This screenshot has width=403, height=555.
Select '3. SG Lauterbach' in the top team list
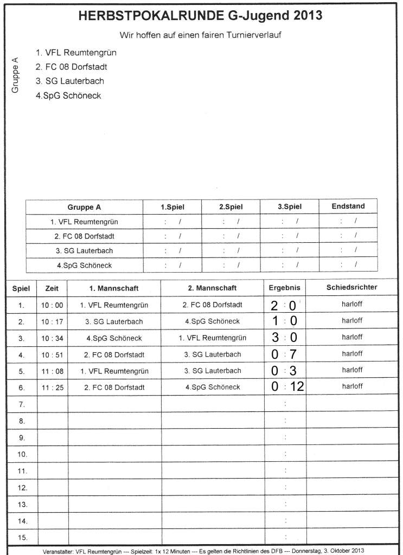[69, 81]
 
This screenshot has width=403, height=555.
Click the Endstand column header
[348, 206]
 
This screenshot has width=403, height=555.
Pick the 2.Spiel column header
[231, 206]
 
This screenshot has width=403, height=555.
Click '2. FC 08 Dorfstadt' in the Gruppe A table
[84, 236]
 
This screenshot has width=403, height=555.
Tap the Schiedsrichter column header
[351, 287]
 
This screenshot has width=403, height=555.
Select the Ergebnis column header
[284, 288]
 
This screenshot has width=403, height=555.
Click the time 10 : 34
[52, 338]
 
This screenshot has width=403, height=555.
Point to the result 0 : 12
[287, 387]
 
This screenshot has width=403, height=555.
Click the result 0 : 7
[284, 354]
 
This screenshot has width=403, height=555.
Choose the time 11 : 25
[52, 388]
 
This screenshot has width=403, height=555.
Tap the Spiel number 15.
[22, 538]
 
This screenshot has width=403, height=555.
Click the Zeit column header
[52, 288]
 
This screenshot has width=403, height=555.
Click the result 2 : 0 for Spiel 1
[284, 305]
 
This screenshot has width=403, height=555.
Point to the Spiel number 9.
[22, 437]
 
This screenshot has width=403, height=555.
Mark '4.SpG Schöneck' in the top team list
[68, 95]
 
